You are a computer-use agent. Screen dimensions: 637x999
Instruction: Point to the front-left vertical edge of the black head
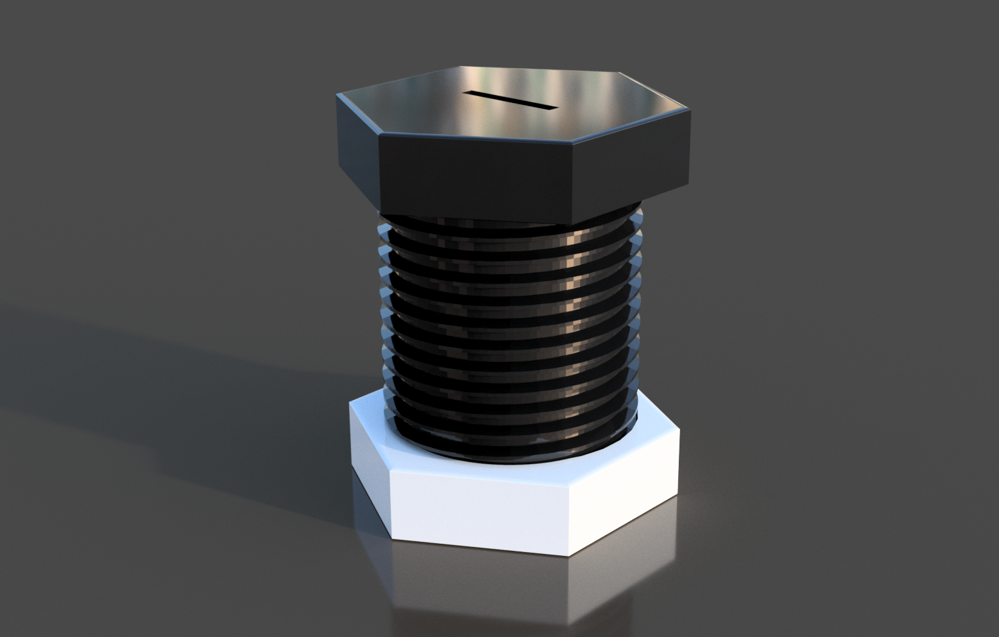tap(379, 174)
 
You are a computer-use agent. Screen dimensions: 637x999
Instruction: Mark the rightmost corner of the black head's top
tap(689, 111)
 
